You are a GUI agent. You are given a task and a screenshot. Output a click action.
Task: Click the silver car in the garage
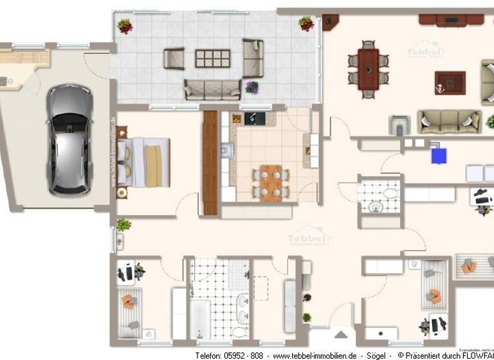[69, 140]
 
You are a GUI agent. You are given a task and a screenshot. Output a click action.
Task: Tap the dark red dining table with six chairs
[369, 69]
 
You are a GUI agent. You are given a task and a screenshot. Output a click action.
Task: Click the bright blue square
[439, 155]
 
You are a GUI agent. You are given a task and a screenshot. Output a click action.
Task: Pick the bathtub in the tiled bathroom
[200, 318]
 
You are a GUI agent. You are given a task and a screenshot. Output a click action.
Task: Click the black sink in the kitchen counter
[251, 118]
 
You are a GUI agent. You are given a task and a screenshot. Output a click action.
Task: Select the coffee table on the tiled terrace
[212, 59]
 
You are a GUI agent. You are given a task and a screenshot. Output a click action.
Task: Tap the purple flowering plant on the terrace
[252, 87]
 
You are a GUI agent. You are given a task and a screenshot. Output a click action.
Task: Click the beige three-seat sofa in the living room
[441, 121]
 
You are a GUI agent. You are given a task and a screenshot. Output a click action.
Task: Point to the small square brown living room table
[450, 82]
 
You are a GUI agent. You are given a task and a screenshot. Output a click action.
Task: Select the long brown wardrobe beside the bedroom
[210, 162]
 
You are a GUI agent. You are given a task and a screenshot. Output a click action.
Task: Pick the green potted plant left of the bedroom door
[123, 225]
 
